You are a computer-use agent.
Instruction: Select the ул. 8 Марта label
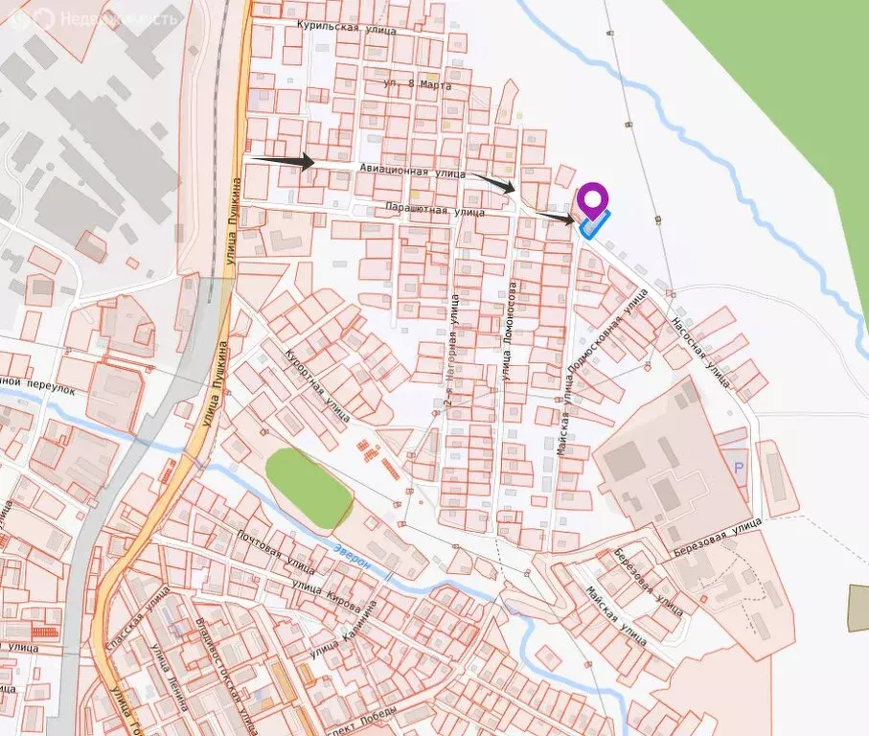click(x=417, y=85)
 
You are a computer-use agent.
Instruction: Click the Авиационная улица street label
click(x=412, y=171)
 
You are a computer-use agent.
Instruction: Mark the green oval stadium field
click(x=309, y=489)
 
